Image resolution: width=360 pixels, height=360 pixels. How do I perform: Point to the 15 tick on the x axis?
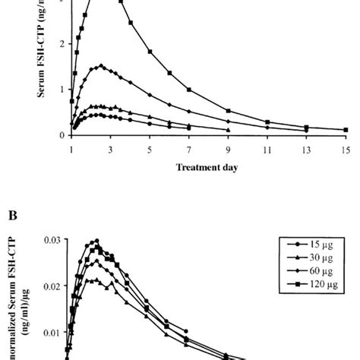[346, 150]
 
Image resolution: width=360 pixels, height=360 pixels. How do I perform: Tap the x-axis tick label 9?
[228, 150]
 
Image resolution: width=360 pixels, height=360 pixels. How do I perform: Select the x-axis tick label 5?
[150, 150]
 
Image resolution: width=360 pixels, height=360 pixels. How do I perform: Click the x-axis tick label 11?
[267, 150]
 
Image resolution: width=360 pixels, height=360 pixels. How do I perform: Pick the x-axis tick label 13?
[306, 150]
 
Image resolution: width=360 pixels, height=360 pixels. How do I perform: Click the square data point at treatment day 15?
[346, 130]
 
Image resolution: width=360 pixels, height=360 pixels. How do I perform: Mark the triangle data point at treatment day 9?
[228, 130]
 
